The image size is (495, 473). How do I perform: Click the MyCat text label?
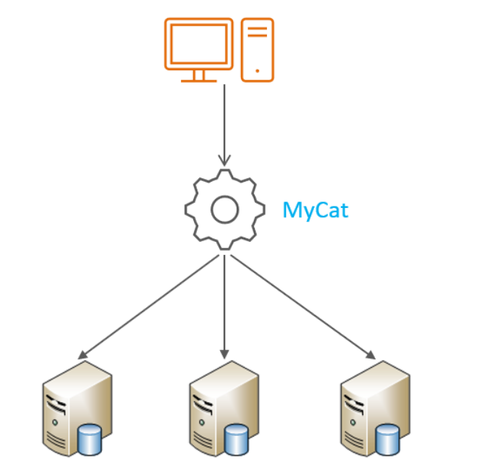pyautogui.click(x=316, y=211)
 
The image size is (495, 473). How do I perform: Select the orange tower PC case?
pyautogui.click(x=258, y=50)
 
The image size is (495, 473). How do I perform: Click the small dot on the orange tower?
pyautogui.click(x=258, y=71)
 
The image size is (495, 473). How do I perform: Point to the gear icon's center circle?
pyautogui.click(x=225, y=210)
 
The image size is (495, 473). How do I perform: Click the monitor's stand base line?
pyautogui.click(x=199, y=81)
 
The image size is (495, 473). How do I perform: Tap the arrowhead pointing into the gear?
pyautogui.click(x=224, y=161)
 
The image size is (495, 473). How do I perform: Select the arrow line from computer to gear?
pyautogui.click(x=224, y=125)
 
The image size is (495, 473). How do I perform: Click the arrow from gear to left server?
pyautogui.click(x=148, y=307)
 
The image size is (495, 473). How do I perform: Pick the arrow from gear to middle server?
pyautogui.click(x=224, y=307)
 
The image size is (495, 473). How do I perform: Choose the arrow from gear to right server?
pyautogui.click(x=303, y=307)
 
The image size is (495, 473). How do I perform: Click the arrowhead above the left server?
pyautogui.click(x=82, y=355)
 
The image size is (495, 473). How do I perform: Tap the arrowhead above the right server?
pyautogui.click(x=371, y=355)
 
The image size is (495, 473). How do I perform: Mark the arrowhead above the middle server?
pyautogui.click(x=224, y=354)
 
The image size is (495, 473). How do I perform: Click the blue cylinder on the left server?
pyautogui.click(x=90, y=440)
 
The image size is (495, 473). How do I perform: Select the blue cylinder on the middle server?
pyautogui.click(x=237, y=440)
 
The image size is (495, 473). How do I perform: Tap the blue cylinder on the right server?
pyautogui.click(x=388, y=440)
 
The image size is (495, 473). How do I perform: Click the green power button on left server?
pyautogui.click(x=55, y=422)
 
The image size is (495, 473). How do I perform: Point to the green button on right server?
pyautogui.click(x=353, y=422)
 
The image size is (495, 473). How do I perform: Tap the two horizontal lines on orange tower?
pyautogui.click(x=258, y=32)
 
